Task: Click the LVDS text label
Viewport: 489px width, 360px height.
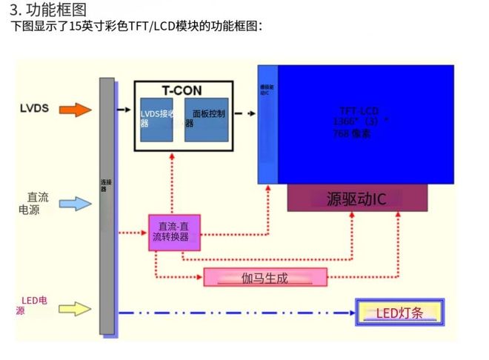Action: pos(34,109)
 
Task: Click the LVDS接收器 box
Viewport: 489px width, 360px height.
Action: pos(157,119)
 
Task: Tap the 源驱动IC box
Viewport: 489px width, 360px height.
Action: pos(356,199)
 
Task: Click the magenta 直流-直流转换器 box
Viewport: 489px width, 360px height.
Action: pos(174,232)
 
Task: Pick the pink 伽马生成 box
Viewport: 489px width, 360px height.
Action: pos(265,278)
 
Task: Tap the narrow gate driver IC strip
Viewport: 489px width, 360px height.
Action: pos(267,124)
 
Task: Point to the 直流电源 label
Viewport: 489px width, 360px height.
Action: pos(33,203)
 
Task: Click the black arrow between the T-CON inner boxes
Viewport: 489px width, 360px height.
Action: pos(178,114)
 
